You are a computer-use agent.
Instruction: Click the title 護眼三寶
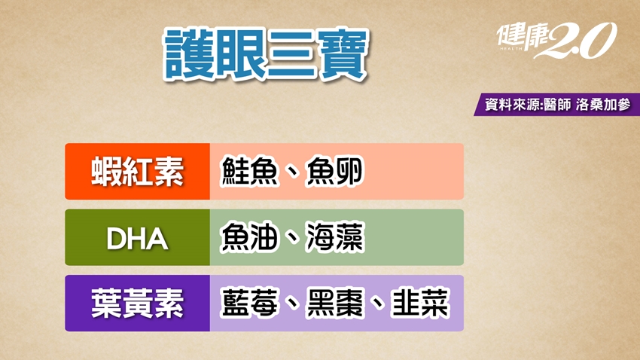(x=266, y=55)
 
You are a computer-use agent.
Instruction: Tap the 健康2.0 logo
(x=556, y=40)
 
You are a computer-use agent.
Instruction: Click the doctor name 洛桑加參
(x=603, y=105)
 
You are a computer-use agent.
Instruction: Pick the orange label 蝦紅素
(x=137, y=172)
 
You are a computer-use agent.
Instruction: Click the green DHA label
(x=137, y=237)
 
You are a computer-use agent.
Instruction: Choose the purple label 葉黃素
(x=137, y=304)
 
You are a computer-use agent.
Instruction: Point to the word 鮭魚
(x=249, y=172)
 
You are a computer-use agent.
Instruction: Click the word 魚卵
(x=334, y=172)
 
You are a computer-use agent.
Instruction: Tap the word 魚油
(x=249, y=237)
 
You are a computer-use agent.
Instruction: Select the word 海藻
(x=334, y=237)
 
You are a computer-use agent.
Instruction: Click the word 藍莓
(x=249, y=304)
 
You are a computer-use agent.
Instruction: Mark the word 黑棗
(x=334, y=304)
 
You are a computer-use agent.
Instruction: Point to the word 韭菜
(x=420, y=304)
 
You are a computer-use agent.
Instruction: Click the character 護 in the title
(x=188, y=55)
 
